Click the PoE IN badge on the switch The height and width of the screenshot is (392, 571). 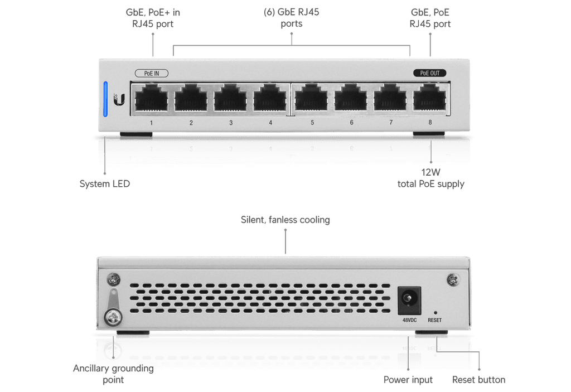tap(152, 73)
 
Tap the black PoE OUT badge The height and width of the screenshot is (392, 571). tap(430, 73)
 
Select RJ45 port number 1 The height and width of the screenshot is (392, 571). tap(151, 98)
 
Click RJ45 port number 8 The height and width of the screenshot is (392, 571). tap(430, 98)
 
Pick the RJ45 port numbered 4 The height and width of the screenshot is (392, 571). tap(270, 98)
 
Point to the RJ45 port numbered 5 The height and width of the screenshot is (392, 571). tap(311, 98)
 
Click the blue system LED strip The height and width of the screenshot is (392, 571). tap(105, 99)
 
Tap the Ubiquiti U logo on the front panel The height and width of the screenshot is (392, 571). tap(119, 99)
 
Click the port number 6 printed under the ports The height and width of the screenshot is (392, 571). tap(351, 123)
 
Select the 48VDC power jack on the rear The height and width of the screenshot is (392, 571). tap(409, 301)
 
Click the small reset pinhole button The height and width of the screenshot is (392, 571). tap(435, 313)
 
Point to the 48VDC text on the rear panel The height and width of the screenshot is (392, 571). tap(409, 320)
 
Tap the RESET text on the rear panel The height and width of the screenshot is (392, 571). tap(435, 320)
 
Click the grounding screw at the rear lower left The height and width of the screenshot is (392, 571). tap(113, 317)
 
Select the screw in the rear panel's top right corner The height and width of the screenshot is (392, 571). tap(453, 280)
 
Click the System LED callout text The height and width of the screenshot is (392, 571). tap(105, 183)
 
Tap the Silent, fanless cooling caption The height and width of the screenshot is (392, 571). tap(285, 220)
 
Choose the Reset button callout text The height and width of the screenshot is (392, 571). tap(479, 380)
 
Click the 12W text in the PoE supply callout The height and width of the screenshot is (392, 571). tap(431, 172)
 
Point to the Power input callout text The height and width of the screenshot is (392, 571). tap(408, 380)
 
